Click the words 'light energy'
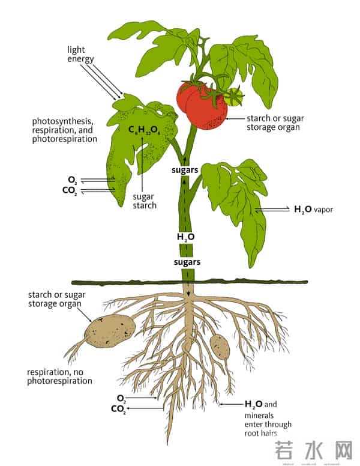[79, 55]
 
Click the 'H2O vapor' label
[313, 210]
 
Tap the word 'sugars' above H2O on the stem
[187, 171]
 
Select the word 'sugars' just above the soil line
[187, 262]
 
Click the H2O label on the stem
[185, 237]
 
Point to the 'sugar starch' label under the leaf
[145, 201]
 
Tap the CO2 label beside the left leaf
[70, 191]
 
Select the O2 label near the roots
[121, 398]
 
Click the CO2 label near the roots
[119, 410]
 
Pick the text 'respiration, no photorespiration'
[59, 376]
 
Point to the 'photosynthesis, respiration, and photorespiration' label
[64, 130]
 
